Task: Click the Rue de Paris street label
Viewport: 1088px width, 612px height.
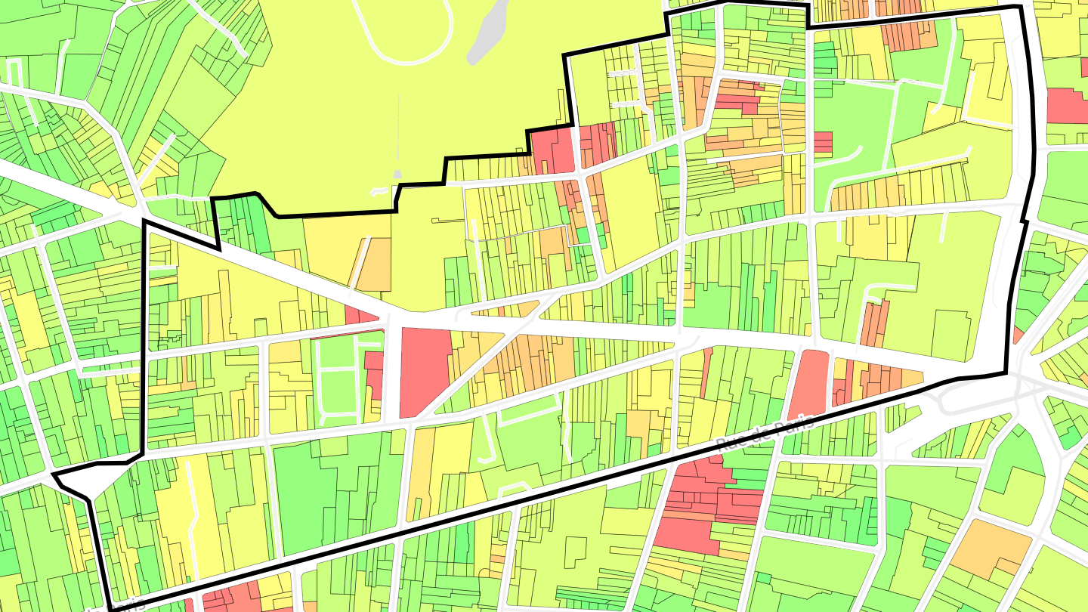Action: pyautogui.click(x=764, y=432)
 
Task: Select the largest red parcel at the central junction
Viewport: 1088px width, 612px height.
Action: pyautogui.click(x=425, y=370)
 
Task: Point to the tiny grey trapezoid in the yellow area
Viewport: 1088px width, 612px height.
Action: pyautogui.click(x=397, y=175)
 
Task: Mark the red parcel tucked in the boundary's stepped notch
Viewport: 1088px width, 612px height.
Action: pyautogui.click(x=552, y=150)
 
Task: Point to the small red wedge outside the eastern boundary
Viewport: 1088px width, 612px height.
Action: pyautogui.click(x=1018, y=335)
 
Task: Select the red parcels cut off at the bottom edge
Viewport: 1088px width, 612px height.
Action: pyautogui.click(x=230, y=601)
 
